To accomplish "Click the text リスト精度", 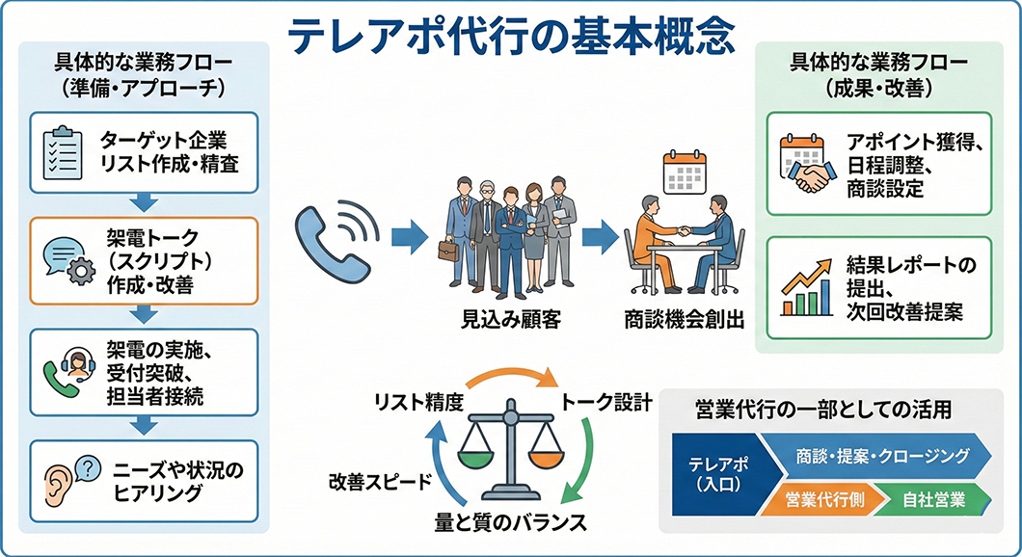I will tap(419, 399).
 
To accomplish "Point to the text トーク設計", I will tap(606, 399).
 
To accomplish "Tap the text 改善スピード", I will tap(379, 482).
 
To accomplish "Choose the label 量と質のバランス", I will tap(509, 524).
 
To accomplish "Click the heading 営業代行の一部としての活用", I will tap(822, 410).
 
